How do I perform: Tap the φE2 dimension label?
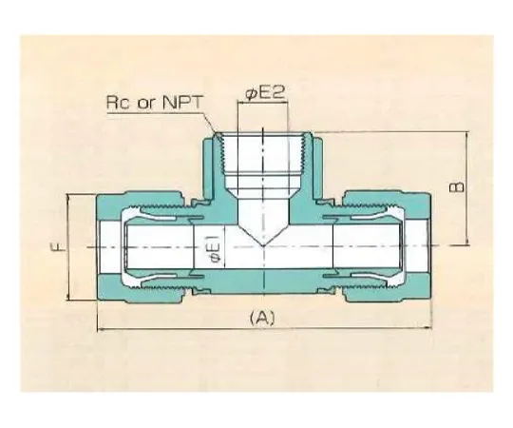tap(261, 93)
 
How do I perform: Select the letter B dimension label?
tap(457, 186)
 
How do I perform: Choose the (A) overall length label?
tap(261, 318)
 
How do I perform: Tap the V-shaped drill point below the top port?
tap(260, 228)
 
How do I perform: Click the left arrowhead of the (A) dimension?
tap(102, 330)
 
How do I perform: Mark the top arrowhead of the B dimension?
tap(466, 136)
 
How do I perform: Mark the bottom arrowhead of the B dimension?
tap(466, 242)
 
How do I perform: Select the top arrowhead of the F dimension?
tap(70, 197)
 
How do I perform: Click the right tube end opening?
tap(419, 247)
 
